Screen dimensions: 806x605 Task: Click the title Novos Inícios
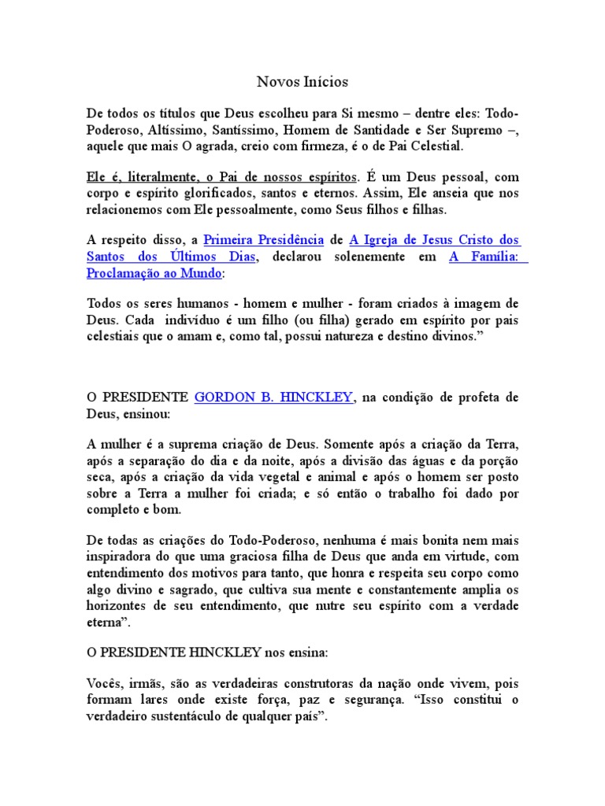[x=302, y=82]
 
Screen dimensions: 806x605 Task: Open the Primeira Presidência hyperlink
[x=263, y=240]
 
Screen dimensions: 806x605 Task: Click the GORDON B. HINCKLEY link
[x=273, y=398]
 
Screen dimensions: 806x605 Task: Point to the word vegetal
[x=263, y=477]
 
